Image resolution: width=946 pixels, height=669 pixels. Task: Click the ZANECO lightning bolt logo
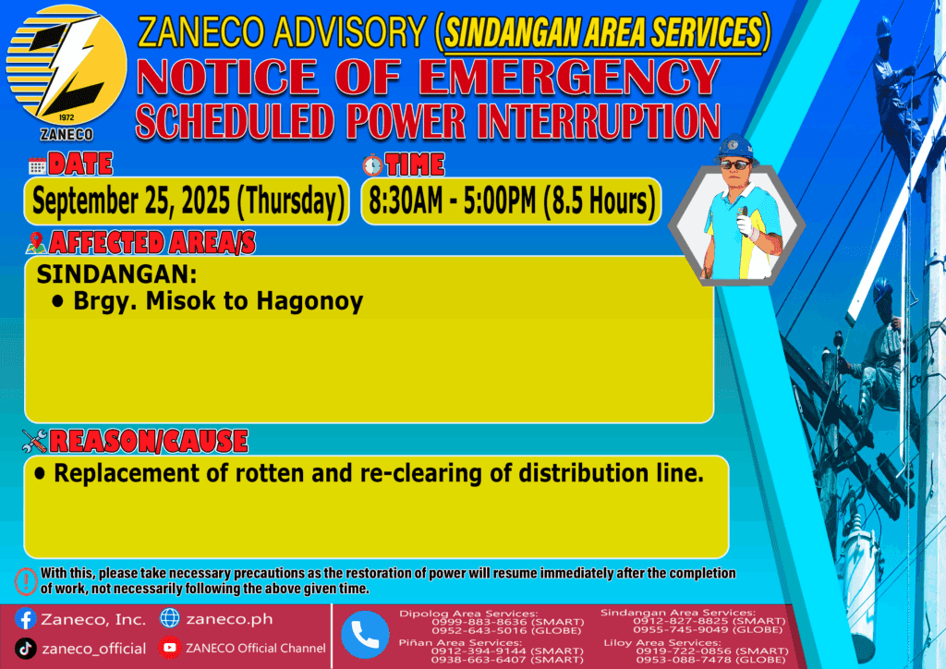(x=67, y=66)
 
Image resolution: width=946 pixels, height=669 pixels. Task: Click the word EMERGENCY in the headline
(x=569, y=77)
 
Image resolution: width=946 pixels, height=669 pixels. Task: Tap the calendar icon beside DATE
(x=37, y=165)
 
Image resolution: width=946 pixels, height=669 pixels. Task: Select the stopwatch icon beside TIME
(x=372, y=164)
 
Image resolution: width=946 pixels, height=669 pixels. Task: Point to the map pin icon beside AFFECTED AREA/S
(x=36, y=242)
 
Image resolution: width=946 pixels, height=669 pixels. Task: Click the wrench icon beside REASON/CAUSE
(x=34, y=441)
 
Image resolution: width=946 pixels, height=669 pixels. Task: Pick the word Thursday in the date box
(x=291, y=201)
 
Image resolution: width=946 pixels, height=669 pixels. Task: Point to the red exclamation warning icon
(x=26, y=581)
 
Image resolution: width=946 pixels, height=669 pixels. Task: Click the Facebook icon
(x=25, y=619)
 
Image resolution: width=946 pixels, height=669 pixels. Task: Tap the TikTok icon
(x=25, y=649)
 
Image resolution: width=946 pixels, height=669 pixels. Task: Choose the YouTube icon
(x=170, y=648)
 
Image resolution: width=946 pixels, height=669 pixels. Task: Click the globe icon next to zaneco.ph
(x=170, y=618)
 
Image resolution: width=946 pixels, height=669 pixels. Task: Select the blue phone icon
(x=365, y=635)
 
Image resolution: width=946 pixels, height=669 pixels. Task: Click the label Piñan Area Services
(x=460, y=643)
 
